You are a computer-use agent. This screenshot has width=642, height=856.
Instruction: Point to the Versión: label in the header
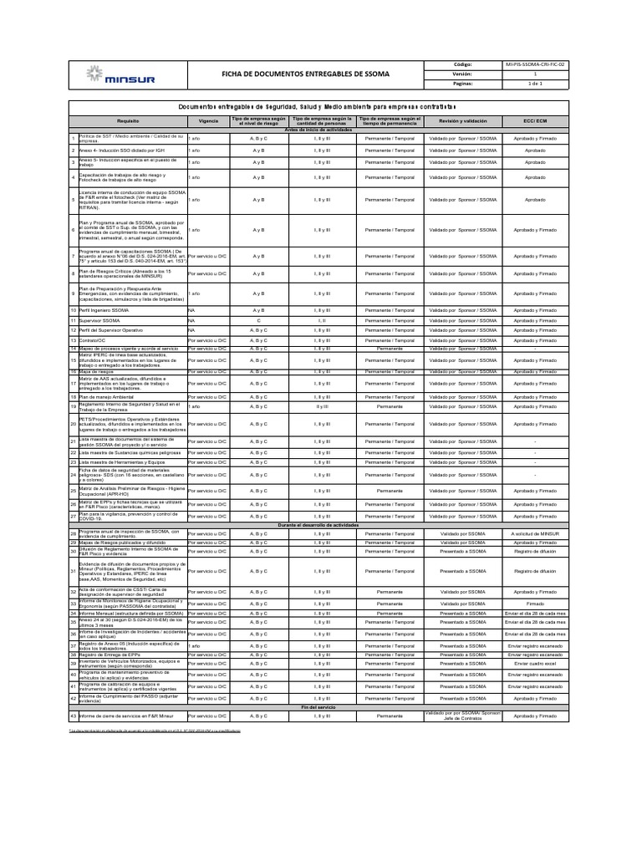click(462, 74)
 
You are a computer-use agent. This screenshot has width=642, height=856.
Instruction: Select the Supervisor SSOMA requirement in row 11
click(100, 320)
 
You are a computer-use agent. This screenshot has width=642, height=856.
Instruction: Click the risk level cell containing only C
click(258, 320)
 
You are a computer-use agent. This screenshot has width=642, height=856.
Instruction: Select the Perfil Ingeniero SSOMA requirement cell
click(104, 310)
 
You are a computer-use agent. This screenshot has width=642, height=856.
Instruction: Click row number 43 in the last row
click(73, 716)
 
